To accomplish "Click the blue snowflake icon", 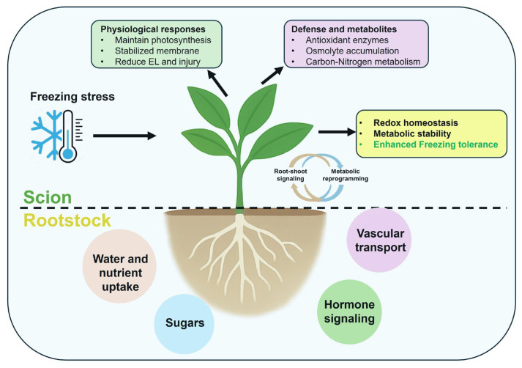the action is coord(47,135).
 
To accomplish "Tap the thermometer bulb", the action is coord(68,154).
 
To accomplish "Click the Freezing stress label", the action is coord(72,97).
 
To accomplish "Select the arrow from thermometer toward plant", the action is coord(124,136).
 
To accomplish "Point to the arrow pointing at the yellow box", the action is coord(337,132).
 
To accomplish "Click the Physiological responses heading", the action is coord(153,29).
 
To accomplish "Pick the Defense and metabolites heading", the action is coord(344,29).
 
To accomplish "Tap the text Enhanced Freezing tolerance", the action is coord(436,144).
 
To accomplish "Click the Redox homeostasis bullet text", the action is coord(415,123).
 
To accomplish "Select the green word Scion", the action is coord(48,197).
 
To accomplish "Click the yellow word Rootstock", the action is coord(67,221).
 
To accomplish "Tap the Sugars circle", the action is coord(184,323).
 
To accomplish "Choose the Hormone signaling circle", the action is coord(349,312).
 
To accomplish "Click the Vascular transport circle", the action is coord(379,240).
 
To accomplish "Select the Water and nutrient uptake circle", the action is coord(120,266).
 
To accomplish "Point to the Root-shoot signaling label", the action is coord(291,175).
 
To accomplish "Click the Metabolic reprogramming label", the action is coord(346,175).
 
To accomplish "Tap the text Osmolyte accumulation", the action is coord(352,51).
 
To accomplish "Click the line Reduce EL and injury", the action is coord(157,62).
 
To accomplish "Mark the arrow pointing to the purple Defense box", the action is coord(272,76).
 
